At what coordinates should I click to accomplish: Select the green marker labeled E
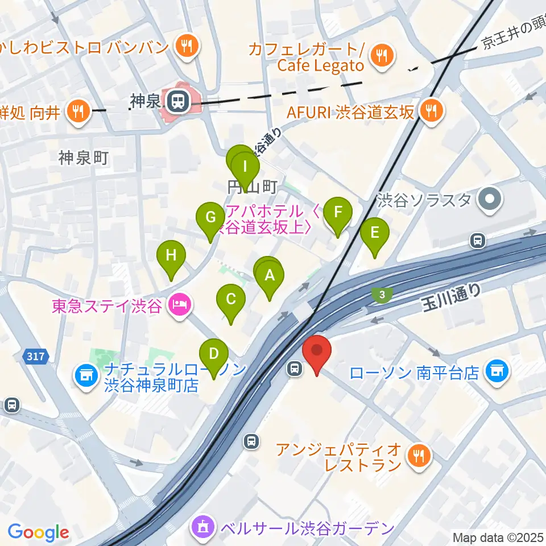point(374,233)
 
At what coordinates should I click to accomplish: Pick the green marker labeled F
point(338,214)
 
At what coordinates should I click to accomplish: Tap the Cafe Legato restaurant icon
point(379,56)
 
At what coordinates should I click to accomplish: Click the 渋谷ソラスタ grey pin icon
point(490,200)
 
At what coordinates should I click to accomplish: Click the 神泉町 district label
point(83,158)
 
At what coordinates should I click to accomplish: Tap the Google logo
point(38,532)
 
